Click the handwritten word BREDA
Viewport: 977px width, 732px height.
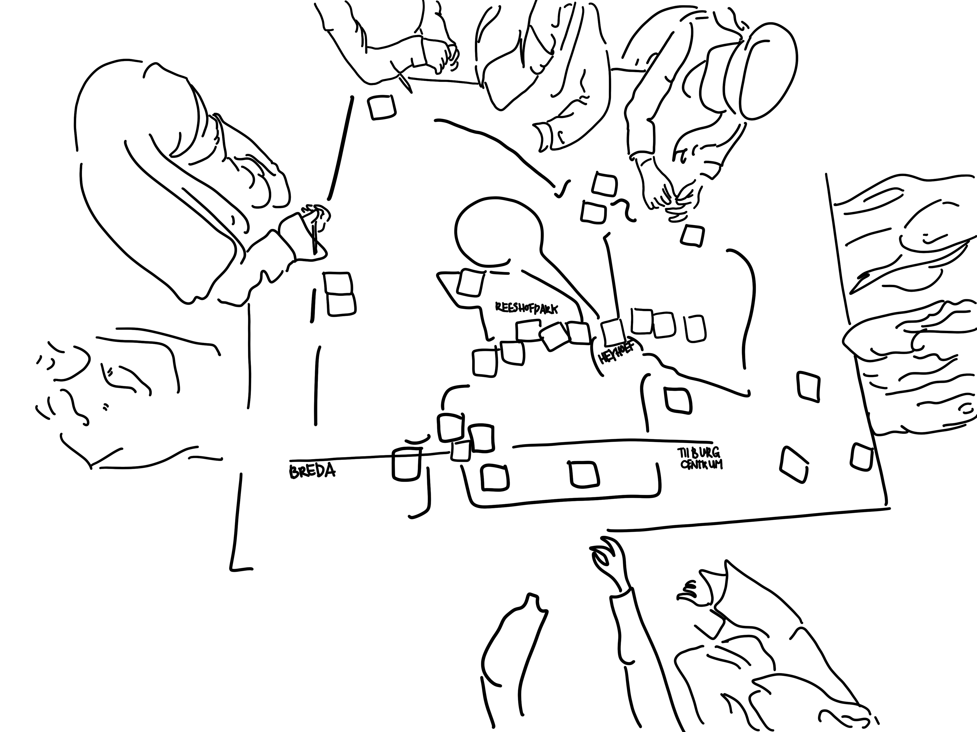[x=312, y=471]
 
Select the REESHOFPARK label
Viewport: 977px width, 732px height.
[x=527, y=308]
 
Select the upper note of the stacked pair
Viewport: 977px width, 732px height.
[x=338, y=283]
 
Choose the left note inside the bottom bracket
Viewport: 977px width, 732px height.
[x=495, y=477]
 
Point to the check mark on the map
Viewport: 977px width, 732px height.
[x=562, y=190]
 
